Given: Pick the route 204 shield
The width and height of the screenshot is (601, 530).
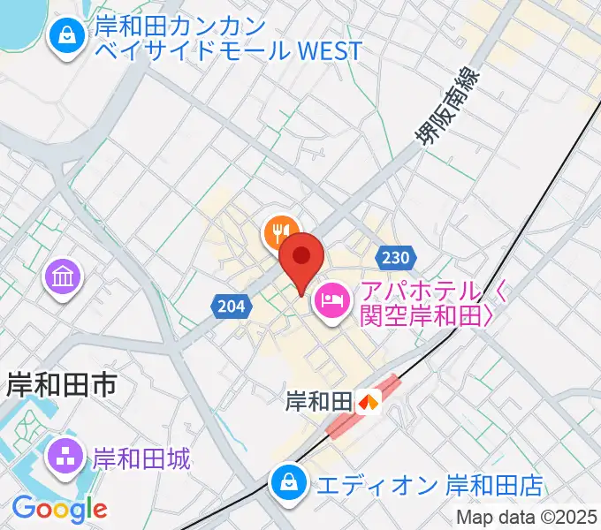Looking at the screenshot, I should click(228, 307).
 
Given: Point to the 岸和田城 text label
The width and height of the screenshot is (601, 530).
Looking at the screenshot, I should click(141, 458).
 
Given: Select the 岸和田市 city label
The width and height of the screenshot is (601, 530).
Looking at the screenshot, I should click(61, 384).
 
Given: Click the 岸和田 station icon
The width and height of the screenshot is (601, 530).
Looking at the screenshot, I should click(369, 402).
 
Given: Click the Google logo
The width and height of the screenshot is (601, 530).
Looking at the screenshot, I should click(59, 508).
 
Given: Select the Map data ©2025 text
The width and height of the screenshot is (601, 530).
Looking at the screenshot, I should click(527, 518).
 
